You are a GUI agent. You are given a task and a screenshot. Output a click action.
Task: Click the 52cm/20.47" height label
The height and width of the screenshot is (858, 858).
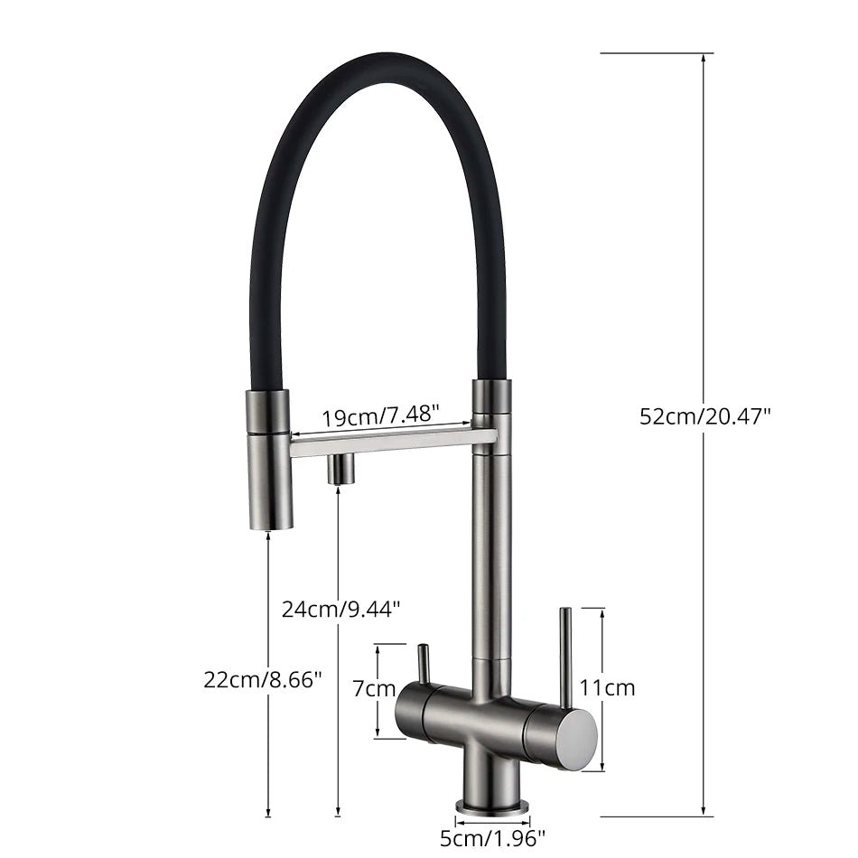(x=705, y=416)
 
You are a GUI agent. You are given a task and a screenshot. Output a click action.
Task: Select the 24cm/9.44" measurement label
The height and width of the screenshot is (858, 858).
(x=340, y=609)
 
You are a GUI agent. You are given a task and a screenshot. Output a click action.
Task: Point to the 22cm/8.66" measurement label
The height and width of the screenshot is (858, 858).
(x=263, y=680)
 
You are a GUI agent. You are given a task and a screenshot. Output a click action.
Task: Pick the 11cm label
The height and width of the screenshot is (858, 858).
(x=607, y=688)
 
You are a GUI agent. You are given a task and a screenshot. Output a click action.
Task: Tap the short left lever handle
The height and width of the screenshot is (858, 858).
(x=423, y=663)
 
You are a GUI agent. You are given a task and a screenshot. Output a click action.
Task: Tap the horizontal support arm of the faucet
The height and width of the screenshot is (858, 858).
(x=393, y=441)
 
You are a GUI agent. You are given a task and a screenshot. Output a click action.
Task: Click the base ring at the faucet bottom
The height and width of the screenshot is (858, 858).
(x=493, y=805)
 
